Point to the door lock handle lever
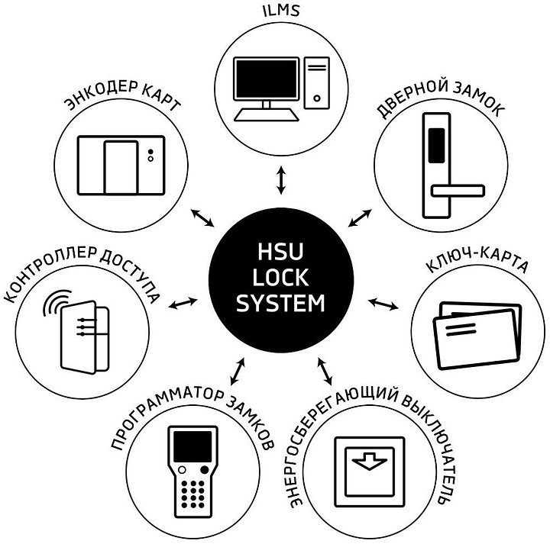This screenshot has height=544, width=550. tap(458, 188)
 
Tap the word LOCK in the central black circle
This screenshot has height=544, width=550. tap(280, 280)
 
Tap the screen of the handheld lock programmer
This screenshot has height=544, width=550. tap(189, 446)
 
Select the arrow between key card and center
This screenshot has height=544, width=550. tap(384, 303)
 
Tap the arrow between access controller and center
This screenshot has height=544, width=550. tap(183, 303)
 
